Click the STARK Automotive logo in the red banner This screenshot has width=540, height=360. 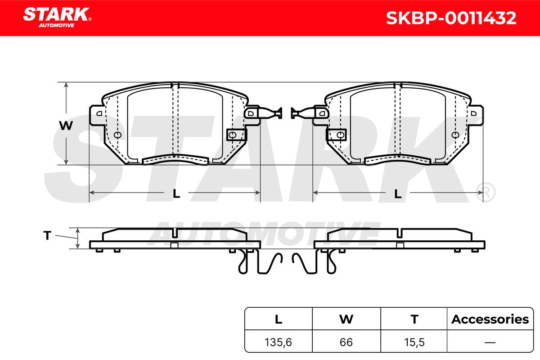(57, 18)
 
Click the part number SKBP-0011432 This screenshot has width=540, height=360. (451, 18)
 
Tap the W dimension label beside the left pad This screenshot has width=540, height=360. (66, 126)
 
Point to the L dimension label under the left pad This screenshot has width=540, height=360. (176, 193)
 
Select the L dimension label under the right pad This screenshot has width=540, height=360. (398, 193)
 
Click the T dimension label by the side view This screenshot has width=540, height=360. (47, 235)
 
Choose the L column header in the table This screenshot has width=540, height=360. (279, 319)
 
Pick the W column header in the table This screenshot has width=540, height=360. (346, 319)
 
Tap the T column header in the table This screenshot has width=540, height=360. (414, 319)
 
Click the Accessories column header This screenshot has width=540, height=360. (490, 319)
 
